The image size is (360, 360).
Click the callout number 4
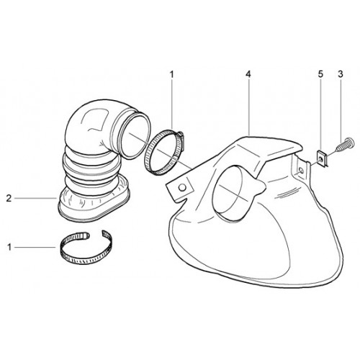click(x=248, y=74)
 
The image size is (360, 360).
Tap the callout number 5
click(x=320, y=74)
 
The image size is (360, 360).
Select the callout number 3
click(x=341, y=74)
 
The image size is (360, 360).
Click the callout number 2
click(x=9, y=199)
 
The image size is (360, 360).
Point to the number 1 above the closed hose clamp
click(x=171, y=74)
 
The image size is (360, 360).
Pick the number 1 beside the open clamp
click(x=9, y=247)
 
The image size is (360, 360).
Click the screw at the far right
click(x=345, y=145)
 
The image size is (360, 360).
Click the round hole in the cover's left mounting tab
click(x=183, y=187)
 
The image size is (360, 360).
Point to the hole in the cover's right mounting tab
click(x=301, y=171)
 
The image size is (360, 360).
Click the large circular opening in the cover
click(x=231, y=192)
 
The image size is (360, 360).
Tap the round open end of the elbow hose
click(x=135, y=136)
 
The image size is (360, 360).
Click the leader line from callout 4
click(x=249, y=107)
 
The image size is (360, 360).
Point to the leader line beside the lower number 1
click(x=35, y=247)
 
